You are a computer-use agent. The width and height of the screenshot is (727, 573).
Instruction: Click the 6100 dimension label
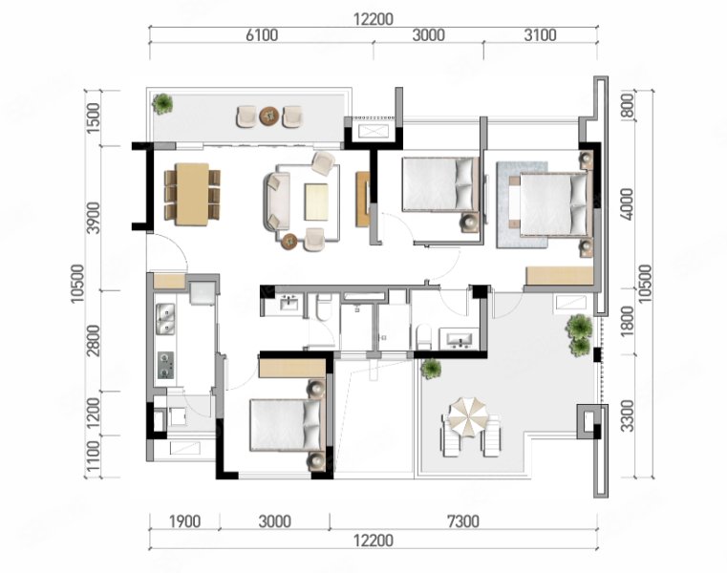[262, 35]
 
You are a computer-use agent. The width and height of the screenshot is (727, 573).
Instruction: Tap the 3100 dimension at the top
[540, 35]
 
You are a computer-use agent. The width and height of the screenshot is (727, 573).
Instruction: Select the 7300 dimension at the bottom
[463, 521]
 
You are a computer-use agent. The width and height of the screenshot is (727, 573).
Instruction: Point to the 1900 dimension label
[184, 521]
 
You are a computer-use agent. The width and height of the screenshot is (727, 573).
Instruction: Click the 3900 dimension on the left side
[94, 218]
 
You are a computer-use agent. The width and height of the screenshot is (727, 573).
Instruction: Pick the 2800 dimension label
[94, 341]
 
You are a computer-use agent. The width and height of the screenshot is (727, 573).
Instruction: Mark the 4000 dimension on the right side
[627, 204]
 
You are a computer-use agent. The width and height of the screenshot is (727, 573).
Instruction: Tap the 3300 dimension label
[627, 415]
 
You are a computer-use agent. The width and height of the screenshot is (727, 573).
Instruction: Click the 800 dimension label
[627, 106]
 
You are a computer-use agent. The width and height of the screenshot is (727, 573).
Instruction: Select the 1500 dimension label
[94, 117]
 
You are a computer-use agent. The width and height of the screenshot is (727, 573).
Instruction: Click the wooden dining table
[192, 194]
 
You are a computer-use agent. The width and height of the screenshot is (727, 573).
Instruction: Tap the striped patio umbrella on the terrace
[468, 417]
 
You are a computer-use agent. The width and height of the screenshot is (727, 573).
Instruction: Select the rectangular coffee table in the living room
[316, 202]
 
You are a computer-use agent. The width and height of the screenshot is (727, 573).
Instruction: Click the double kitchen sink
[165, 319]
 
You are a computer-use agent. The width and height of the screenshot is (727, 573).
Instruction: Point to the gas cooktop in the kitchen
[165, 365]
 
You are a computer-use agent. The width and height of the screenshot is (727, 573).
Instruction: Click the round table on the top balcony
[269, 116]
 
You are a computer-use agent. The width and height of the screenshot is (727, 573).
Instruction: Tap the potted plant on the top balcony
[162, 103]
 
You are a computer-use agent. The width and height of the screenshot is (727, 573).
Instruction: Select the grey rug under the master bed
[522, 204]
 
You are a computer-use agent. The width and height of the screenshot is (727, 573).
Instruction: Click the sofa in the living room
[277, 202]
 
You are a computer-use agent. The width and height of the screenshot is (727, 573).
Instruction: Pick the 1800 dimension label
[627, 322]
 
